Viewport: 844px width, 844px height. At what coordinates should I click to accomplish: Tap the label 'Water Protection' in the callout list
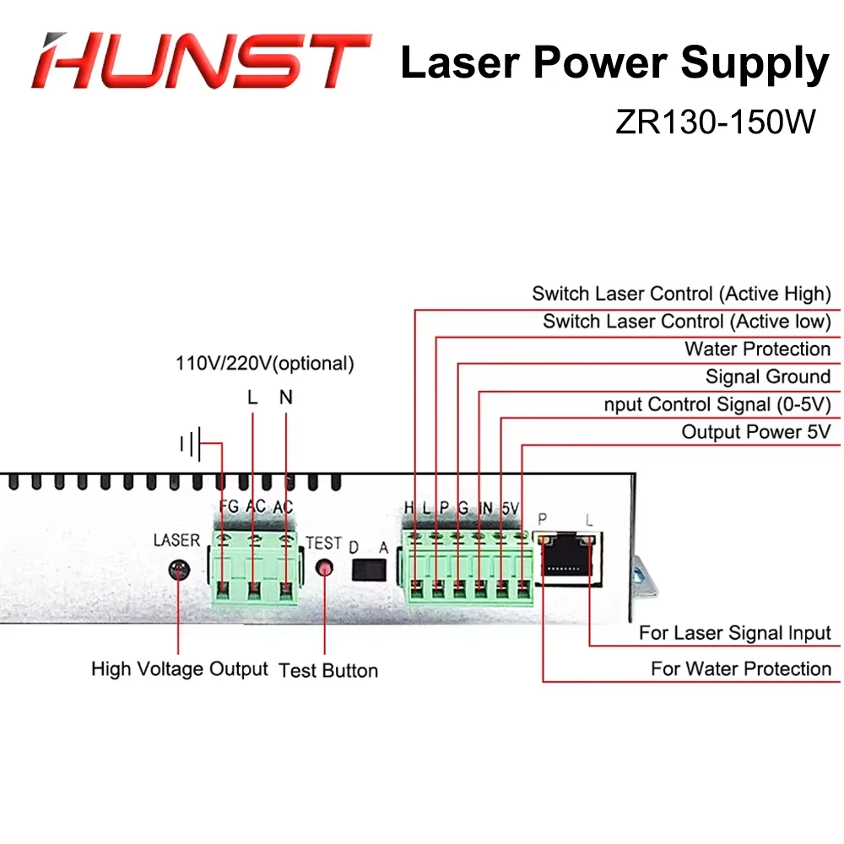point(757,349)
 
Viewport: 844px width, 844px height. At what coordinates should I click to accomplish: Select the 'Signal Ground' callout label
point(767,376)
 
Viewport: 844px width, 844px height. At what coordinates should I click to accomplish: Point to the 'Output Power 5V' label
point(755,432)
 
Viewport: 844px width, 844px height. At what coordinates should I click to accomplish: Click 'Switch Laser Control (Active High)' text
point(681,294)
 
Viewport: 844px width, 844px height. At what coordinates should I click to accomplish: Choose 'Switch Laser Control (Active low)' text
point(686,322)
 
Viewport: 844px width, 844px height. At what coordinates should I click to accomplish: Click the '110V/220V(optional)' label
point(264,364)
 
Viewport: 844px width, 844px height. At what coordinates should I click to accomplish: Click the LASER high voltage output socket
point(178,570)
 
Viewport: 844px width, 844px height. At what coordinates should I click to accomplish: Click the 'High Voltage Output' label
point(179,669)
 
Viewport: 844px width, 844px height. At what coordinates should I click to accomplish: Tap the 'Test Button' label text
point(328,670)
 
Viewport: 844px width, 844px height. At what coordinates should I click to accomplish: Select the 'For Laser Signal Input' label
point(734,633)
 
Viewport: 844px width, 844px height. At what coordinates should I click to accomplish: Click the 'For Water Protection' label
point(740,669)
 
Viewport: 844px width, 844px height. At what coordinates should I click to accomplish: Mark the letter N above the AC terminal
point(285,397)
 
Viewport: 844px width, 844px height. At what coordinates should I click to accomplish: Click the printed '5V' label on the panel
point(510,508)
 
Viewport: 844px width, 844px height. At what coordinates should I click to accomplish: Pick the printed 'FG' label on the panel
point(228,507)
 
